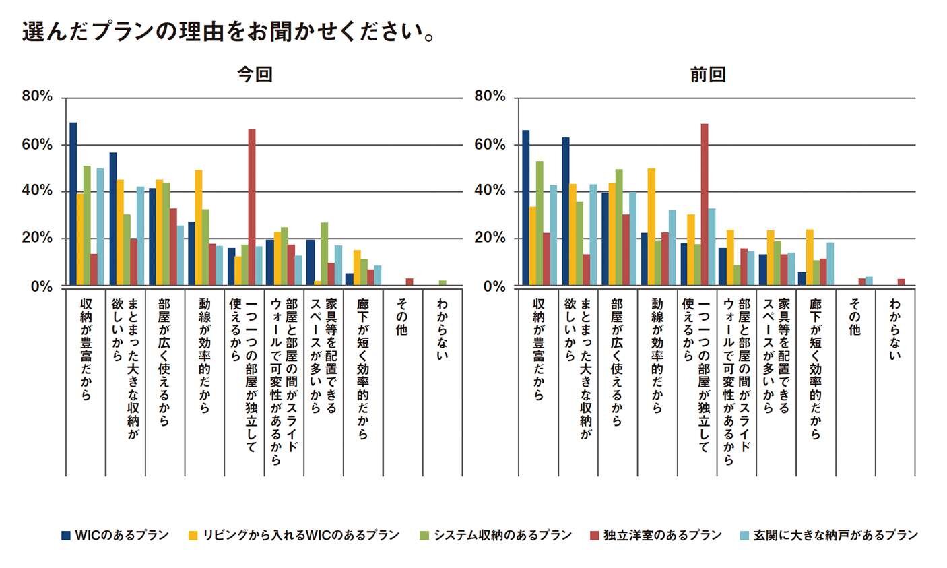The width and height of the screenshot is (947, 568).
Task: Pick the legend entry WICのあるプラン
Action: pos(115,535)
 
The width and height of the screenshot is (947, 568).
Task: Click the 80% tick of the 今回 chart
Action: pos(37,97)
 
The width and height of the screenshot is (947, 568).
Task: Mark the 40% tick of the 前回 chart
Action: pos(490,191)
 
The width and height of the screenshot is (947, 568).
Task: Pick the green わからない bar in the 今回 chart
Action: pos(443,283)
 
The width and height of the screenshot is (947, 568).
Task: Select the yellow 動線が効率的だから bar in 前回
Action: pos(651,227)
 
